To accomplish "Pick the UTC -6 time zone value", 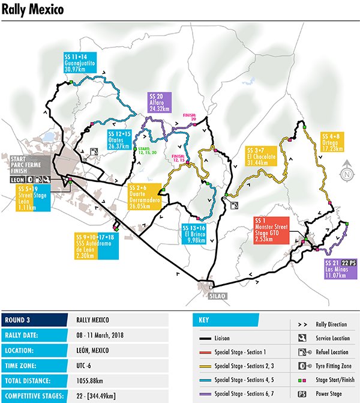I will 85,365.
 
